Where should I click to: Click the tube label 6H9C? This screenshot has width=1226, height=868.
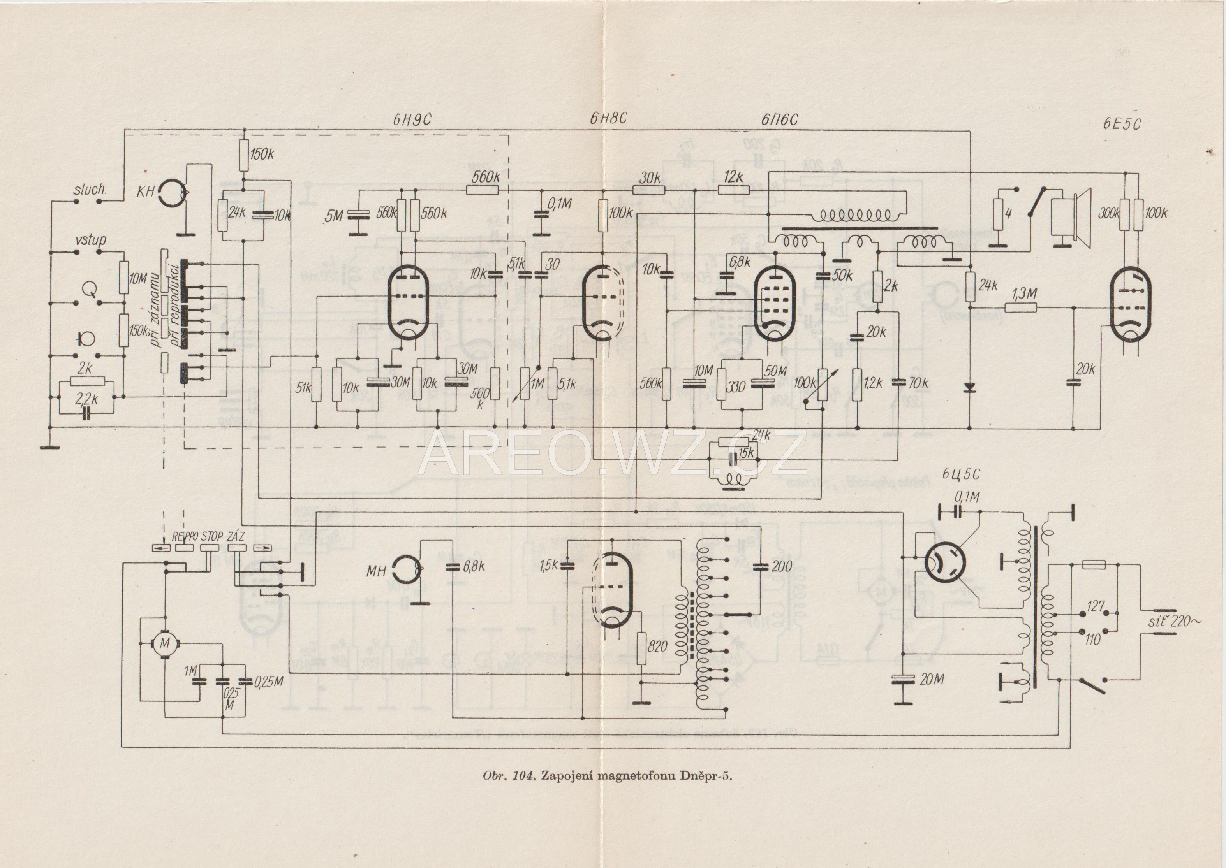(x=410, y=121)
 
